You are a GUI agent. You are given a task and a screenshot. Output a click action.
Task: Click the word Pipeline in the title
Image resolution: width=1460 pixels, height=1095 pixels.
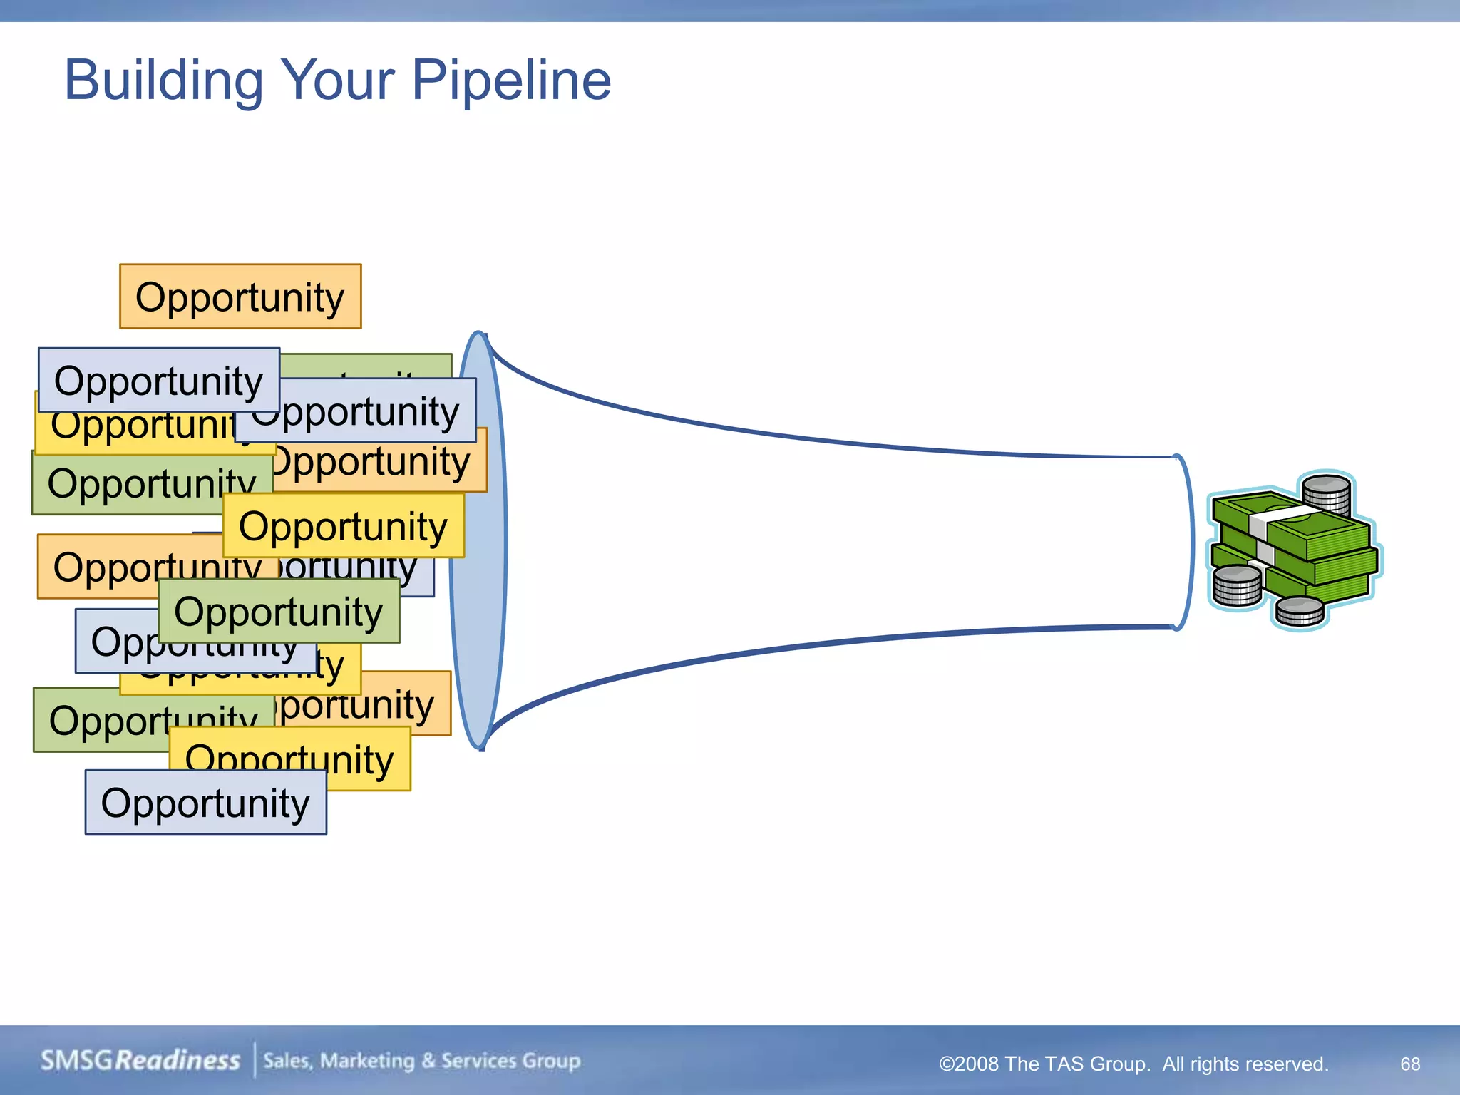[x=511, y=80]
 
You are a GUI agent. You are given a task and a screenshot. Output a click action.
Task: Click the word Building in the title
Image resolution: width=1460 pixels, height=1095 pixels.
[x=163, y=80]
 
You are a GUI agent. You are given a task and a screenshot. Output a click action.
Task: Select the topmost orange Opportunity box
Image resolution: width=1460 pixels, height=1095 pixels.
[x=240, y=297]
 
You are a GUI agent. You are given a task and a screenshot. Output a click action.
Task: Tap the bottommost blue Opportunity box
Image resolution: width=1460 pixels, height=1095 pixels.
[x=205, y=803]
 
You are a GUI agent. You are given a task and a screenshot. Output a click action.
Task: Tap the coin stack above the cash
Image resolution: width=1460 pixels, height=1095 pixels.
[x=1326, y=493]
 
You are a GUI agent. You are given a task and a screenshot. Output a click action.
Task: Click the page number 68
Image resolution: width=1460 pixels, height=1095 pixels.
[x=1409, y=1064]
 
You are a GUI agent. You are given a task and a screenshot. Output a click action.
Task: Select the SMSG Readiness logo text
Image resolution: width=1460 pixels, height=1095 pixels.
[x=140, y=1061]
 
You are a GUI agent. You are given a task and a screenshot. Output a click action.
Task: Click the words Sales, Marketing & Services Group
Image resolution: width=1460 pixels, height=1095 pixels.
[x=421, y=1061]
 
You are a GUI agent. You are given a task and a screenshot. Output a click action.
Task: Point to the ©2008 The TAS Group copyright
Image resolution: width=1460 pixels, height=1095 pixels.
[x=1133, y=1064]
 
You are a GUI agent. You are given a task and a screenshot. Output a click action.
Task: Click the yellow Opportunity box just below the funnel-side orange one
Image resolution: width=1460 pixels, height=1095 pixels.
[x=343, y=526]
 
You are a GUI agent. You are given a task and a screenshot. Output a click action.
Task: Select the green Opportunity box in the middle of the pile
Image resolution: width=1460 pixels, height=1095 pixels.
[x=279, y=612]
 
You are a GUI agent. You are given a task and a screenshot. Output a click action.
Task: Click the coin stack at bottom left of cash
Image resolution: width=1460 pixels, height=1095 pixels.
[x=1237, y=586]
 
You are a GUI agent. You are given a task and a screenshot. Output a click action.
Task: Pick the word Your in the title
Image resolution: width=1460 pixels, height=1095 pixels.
[x=337, y=80]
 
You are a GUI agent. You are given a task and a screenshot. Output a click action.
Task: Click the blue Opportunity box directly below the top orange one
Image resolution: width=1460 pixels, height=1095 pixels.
[x=158, y=380]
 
